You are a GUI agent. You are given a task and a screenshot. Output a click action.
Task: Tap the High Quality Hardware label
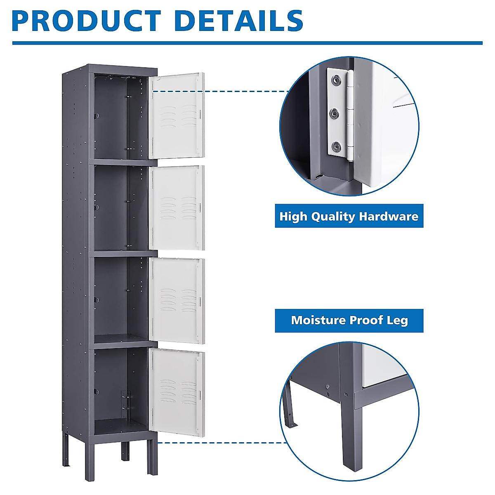pyautogui.click(x=349, y=216)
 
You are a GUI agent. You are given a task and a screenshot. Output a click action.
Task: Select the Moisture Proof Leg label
pyautogui.click(x=349, y=320)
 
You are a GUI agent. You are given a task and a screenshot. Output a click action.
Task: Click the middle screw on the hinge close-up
pyautogui.click(x=335, y=112)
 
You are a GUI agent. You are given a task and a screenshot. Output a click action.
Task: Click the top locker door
pyautogui.click(x=177, y=115)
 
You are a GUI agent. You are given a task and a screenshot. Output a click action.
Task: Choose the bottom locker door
pyautogui.click(x=177, y=392)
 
